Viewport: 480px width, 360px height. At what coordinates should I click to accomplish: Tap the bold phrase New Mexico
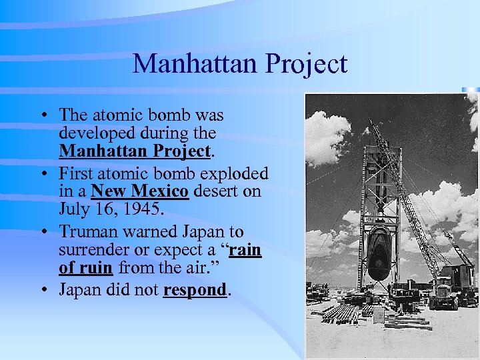pos(141,192)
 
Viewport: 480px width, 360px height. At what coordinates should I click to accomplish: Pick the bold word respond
pos(194,291)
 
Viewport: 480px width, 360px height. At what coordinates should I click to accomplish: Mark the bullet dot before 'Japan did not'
pos(43,291)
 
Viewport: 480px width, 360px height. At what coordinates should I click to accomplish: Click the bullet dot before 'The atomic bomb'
pos(43,114)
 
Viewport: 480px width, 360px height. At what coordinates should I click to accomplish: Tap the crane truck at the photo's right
pos(453,287)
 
